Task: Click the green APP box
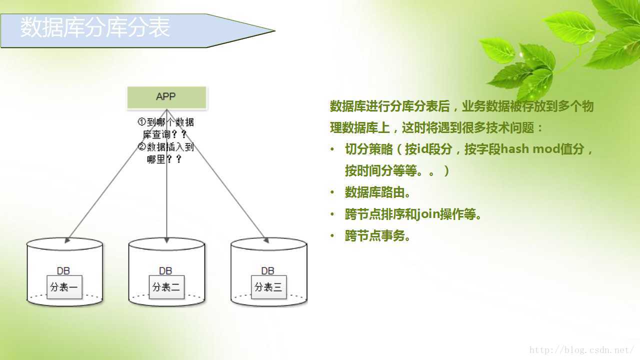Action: [x=166, y=97]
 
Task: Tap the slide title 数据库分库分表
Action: [x=95, y=27]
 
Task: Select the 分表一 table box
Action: [x=64, y=287]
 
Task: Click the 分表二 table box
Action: [x=166, y=287]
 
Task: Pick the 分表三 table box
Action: [x=268, y=287]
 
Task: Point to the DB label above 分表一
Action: [x=63, y=271]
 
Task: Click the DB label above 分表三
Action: [x=267, y=271]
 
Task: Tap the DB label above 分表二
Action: [x=165, y=271]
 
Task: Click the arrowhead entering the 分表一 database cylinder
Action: [x=67, y=240]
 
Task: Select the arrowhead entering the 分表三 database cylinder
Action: [x=266, y=240]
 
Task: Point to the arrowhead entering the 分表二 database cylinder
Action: [x=167, y=240]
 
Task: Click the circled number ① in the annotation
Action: [x=141, y=122]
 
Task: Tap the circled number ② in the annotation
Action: [x=141, y=146]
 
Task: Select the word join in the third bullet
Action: [x=427, y=213]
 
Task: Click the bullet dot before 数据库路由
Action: [x=332, y=192]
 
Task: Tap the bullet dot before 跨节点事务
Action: [x=332, y=235]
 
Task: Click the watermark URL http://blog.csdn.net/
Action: [x=581, y=350]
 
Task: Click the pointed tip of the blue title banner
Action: [x=275, y=30]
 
